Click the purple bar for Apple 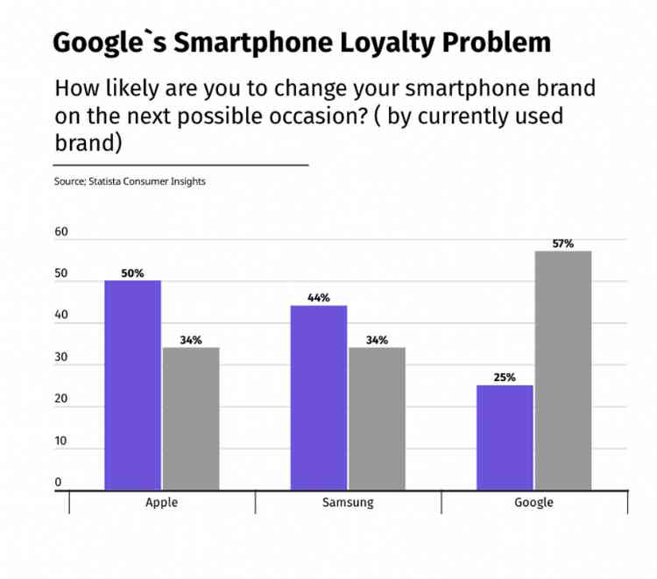pos(132,385)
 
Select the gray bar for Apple pos(191,419)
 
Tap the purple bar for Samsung pos(319,398)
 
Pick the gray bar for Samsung pos(377,419)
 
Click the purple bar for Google pos(505,437)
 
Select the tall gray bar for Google pos(563,371)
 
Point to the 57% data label pos(563,244)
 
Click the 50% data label pos(132,273)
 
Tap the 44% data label pos(319,298)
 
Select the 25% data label pos(505,378)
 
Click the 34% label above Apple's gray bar pos(191,340)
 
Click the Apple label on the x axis pos(162,503)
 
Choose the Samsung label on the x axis pos(348,503)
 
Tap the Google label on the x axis pos(533,503)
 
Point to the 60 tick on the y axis pos(60,233)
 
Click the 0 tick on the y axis pos(59,483)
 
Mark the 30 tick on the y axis pos(60,357)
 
